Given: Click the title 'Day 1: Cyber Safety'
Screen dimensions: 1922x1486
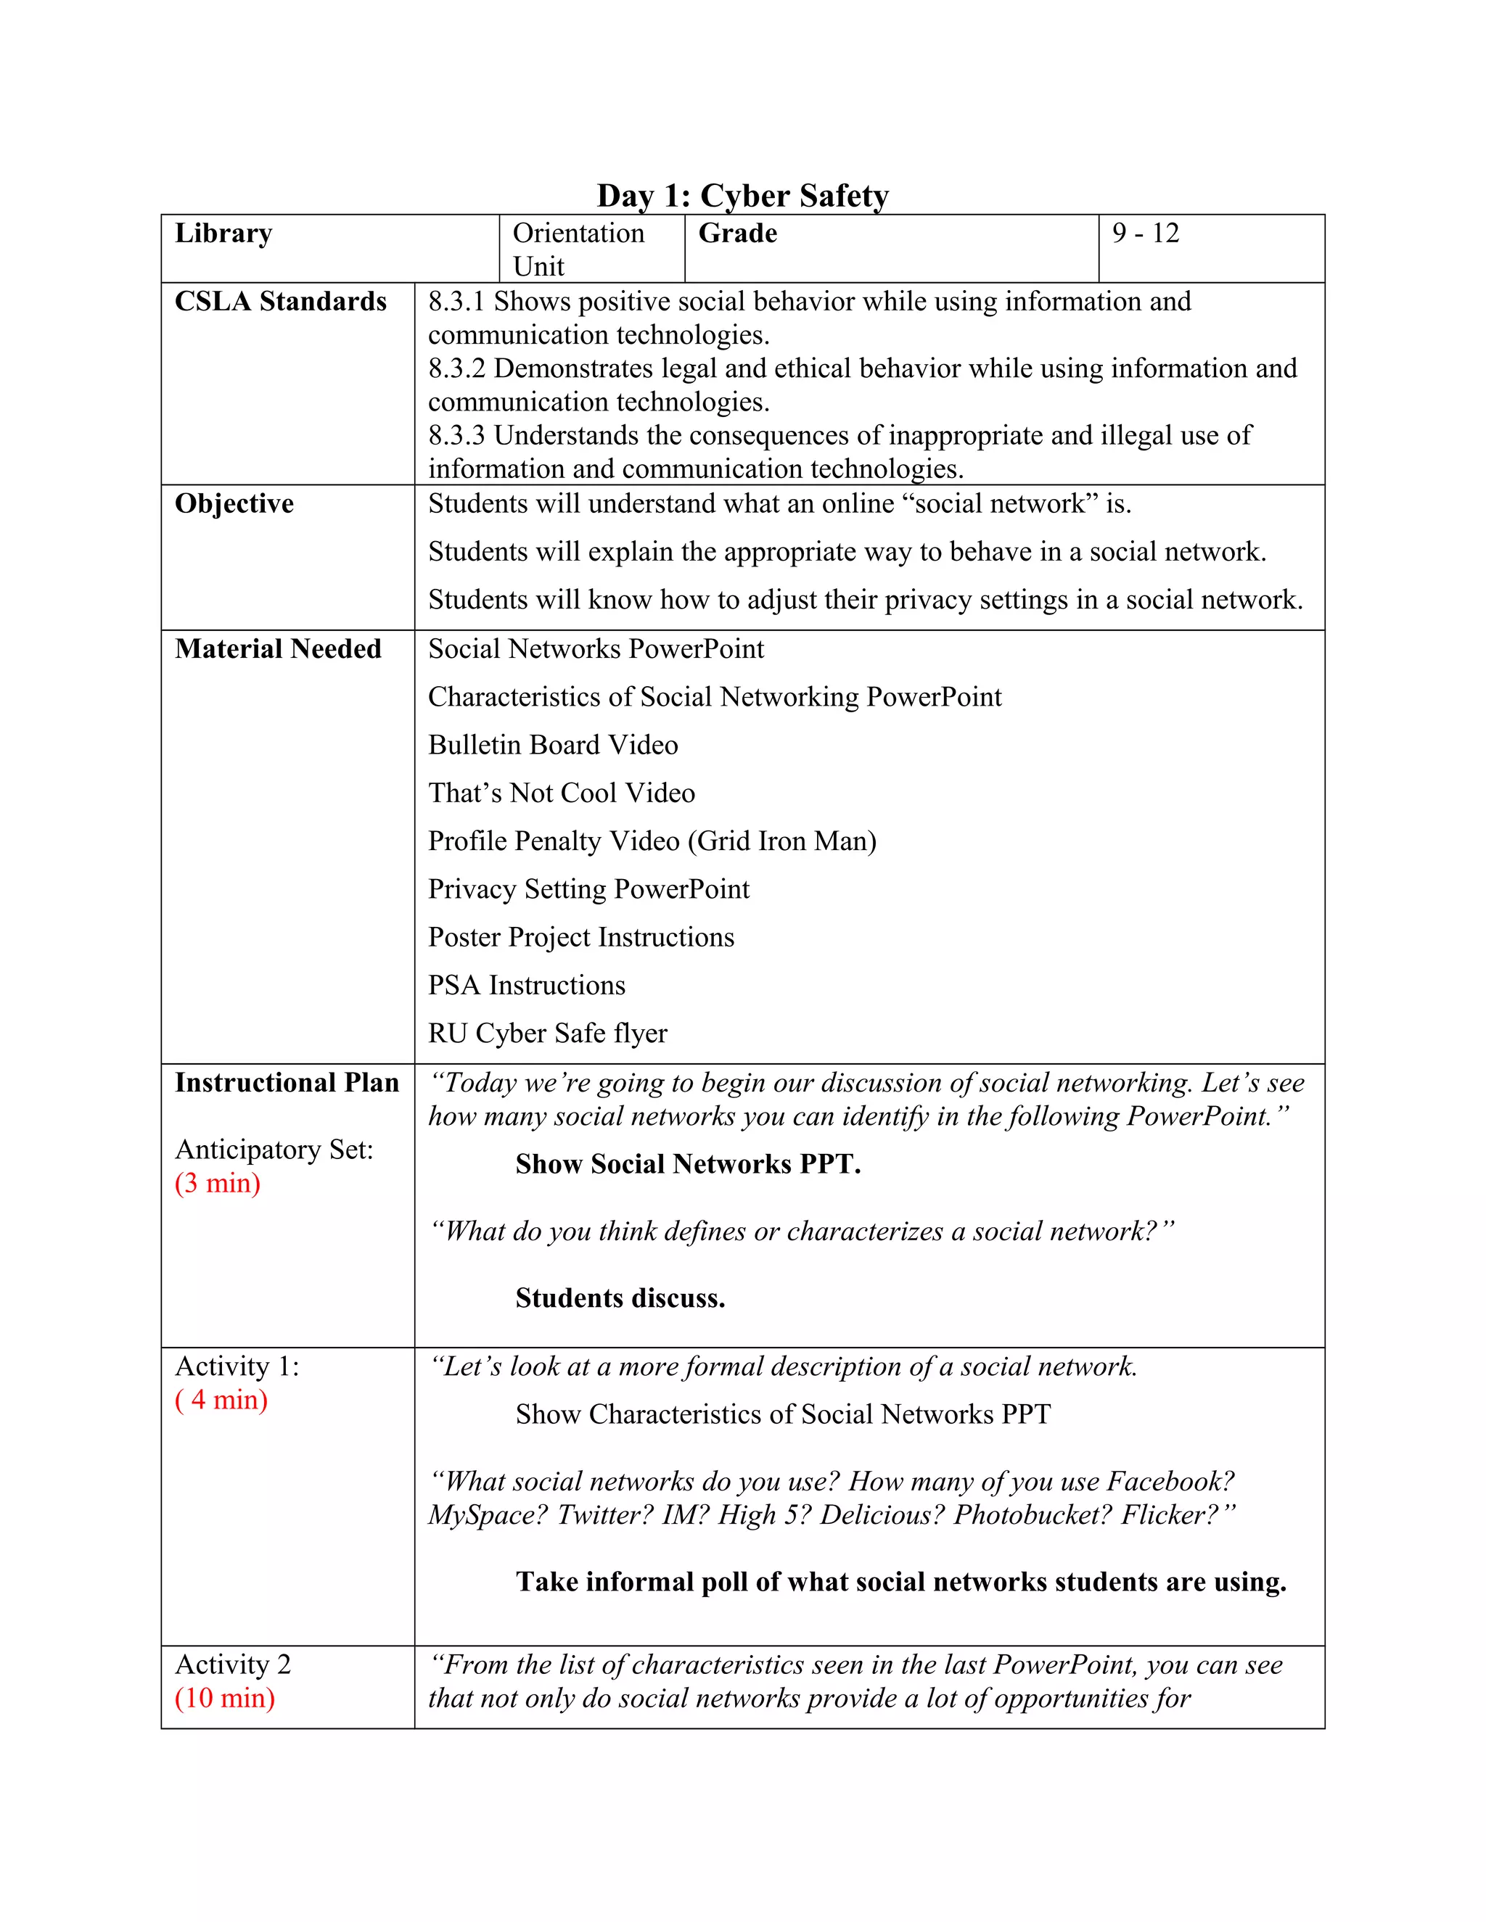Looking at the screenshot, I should point(742,195).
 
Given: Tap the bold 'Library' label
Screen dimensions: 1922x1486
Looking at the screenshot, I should point(223,234).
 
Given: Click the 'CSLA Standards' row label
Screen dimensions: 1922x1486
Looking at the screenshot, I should point(280,302).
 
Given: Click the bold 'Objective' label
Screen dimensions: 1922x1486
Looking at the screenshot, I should point(234,503).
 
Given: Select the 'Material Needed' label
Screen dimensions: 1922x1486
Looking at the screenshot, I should point(278,648).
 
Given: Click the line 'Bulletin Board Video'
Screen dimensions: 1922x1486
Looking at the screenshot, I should point(553,746).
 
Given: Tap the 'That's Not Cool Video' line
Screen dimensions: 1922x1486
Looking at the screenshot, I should point(562,793).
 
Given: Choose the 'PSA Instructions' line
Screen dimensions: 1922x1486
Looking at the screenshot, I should point(527,985).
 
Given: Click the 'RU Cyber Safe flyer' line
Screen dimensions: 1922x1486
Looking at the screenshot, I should point(548,1033).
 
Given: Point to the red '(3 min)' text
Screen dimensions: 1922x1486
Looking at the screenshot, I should point(218,1183).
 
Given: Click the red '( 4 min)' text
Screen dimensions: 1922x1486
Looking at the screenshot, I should point(221,1399).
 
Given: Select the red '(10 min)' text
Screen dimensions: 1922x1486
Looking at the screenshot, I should point(224,1698).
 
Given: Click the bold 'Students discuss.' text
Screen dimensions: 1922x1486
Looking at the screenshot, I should point(620,1298).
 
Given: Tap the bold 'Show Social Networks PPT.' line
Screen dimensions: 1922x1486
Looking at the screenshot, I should point(688,1164).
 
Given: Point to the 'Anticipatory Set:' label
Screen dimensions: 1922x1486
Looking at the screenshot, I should point(274,1150).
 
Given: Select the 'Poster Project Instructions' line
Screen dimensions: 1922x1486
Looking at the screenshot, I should point(581,937).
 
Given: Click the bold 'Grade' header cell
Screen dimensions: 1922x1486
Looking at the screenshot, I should point(738,234).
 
